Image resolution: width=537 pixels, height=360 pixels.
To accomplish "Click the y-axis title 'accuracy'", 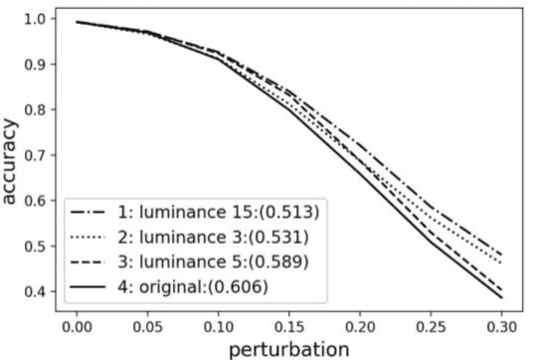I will (x=13, y=155).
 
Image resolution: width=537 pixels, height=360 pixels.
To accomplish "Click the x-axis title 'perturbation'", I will (x=287, y=348).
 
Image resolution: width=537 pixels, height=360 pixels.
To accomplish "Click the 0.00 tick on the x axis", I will (x=76, y=324).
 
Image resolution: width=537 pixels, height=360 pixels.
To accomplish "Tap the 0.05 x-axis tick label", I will (x=146, y=324).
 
